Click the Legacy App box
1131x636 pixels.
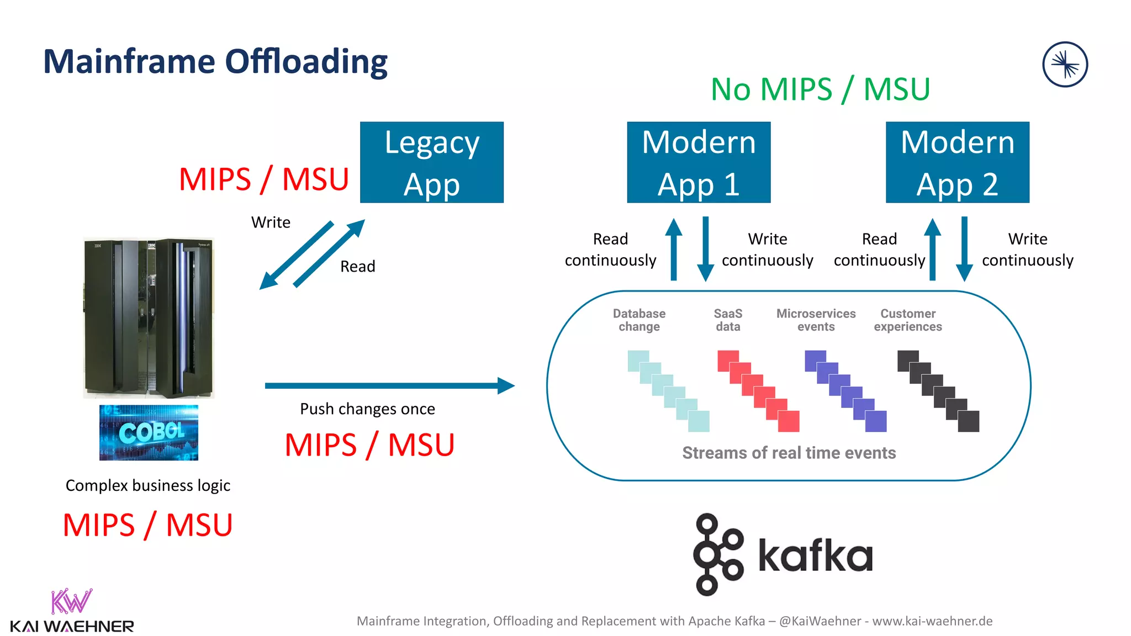tap(431, 162)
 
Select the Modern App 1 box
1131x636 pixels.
tap(699, 162)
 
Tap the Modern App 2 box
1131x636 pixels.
tap(957, 162)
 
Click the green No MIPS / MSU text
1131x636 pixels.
tap(820, 89)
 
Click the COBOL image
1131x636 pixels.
tap(149, 432)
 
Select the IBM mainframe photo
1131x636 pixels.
tap(149, 318)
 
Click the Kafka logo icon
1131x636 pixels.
tap(717, 554)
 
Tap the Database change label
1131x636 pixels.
tap(639, 320)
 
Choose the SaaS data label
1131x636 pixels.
tap(728, 320)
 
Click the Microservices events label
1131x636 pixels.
tap(816, 320)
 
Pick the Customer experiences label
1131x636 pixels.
tap(907, 320)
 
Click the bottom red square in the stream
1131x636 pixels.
tap(789, 421)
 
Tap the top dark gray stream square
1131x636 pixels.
tap(907, 361)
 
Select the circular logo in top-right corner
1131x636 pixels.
tap(1065, 65)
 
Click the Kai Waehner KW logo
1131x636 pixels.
tap(71, 602)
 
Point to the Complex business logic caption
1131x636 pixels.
tap(147, 485)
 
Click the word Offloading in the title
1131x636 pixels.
tap(306, 62)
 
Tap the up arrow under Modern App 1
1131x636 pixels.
tap(673, 248)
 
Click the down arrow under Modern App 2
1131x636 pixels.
tap(964, 248)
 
